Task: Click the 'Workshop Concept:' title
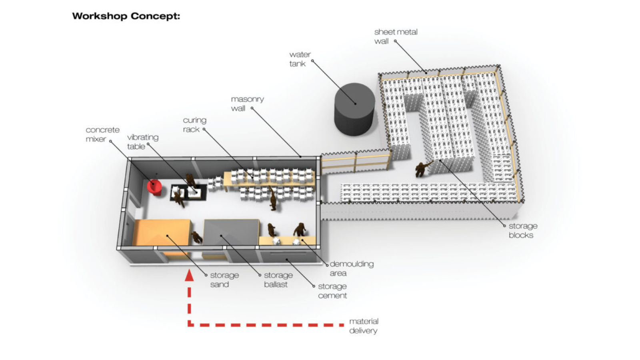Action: pos(126,16)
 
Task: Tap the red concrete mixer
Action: pos(154,187)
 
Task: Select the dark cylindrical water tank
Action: pos(354,109)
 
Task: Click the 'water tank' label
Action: pos(300,59)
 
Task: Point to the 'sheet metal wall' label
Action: pos(395,36)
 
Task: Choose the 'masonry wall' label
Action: pos(247,104)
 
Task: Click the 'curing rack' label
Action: pos(194,125)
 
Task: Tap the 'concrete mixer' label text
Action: pos(102,134)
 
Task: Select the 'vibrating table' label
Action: pos(142,142)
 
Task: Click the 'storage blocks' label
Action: pos(522,230)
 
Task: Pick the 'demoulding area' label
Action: pos(351,268)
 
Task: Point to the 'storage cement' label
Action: pos(332,291)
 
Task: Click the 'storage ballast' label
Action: pos(278,280)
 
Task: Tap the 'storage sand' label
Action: pos(224,280)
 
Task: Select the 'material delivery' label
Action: pos(363,326)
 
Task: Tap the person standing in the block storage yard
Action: pos(421,169)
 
